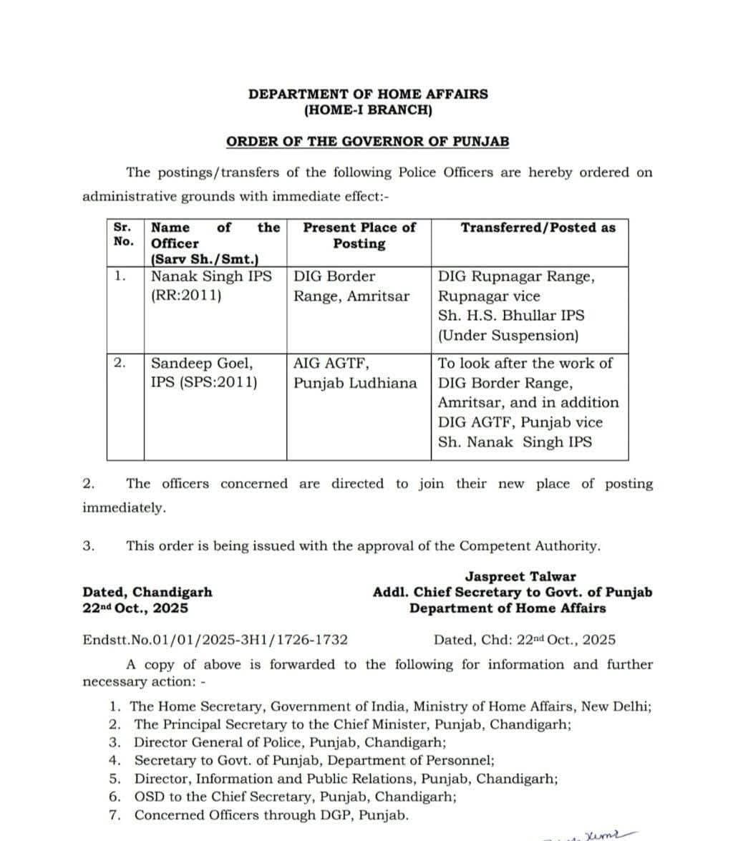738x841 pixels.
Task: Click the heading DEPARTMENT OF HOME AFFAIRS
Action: tap(368, 94)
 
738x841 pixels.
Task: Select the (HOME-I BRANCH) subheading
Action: tap(368, 110)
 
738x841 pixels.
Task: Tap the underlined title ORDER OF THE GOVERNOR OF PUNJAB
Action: tap(368, 141)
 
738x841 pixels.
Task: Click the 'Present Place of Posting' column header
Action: tap(359, 235)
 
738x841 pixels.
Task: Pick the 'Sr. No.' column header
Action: tap(123, 234)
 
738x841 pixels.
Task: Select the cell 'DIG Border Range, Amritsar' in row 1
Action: tap(351, 286)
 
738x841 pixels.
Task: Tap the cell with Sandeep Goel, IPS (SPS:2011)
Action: tap(203, 373)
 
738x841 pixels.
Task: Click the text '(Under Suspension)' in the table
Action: tap(508, 335)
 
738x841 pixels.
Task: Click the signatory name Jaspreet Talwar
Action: tap(520, 576)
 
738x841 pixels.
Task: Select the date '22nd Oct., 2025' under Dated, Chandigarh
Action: tap(136, 608)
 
